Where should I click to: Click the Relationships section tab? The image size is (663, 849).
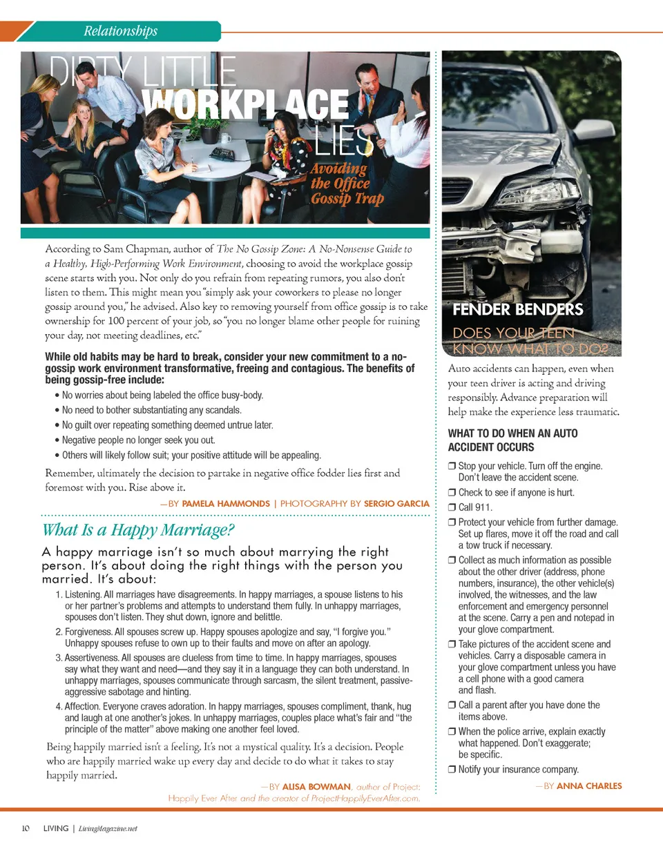click(x=120, y=31)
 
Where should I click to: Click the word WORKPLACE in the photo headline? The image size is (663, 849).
click(x=246, y=105)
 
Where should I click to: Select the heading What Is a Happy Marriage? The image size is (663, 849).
click(x=139, y=531)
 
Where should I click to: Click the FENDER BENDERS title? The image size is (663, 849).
click(x=517, y=309)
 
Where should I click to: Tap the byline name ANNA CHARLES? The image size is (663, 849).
click(x=589, y=786)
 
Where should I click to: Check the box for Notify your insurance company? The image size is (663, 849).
click(x=452, y=770)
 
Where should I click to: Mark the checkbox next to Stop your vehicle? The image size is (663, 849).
click(x=452, y=467)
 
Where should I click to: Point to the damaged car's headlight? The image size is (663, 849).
click(x=545, y=193)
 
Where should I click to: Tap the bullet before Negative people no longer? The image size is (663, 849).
click(x=56, y=440)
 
